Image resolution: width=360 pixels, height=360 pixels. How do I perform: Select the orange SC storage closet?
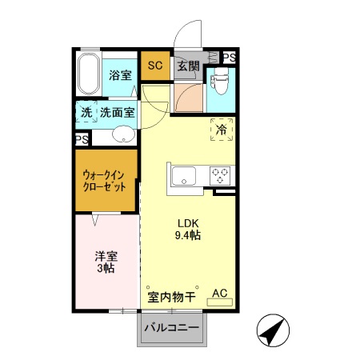[x=155, y=66]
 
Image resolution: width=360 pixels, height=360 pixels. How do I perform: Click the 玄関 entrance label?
[x=188, y=66]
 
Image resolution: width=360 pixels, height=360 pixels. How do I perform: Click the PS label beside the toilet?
[x=229, y=57]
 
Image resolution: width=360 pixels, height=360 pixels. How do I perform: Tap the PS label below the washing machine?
[x=82, y=139]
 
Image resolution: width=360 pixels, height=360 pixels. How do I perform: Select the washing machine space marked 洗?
[x=86, y=113]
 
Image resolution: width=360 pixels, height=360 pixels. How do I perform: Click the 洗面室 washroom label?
[x=117, y=113]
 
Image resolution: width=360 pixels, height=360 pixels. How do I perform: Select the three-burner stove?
[x=220, y=174]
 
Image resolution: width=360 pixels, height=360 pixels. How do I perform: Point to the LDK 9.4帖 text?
[x=188, y=230]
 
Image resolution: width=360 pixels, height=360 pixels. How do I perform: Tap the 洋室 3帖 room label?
[x=107, y=262]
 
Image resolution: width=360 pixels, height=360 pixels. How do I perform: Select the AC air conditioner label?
[x=220, y=294]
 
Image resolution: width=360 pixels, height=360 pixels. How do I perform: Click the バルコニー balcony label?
[x=172, y=328]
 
